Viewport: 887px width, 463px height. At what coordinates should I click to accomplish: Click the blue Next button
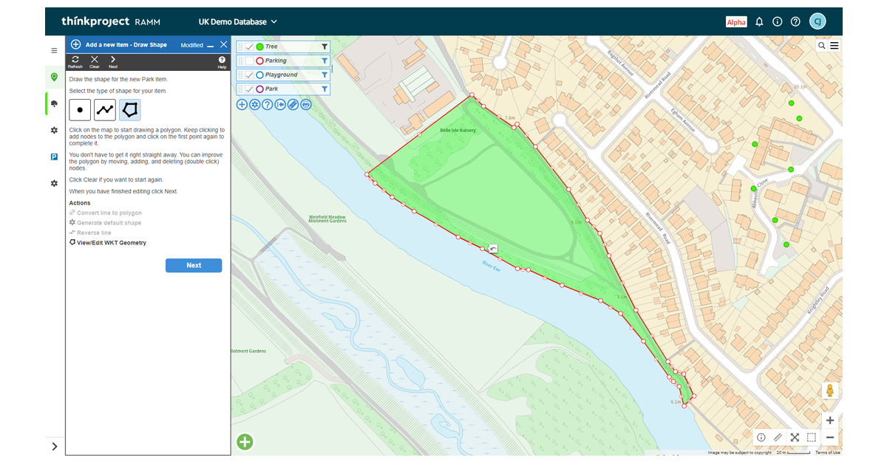194,265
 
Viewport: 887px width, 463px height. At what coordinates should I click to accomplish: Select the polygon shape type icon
130,110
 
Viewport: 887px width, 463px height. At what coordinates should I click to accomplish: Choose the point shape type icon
80,110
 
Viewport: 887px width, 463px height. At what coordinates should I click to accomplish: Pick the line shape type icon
105,110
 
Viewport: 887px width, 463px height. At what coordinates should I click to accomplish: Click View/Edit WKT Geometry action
111,242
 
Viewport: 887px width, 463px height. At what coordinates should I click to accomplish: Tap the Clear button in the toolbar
95,61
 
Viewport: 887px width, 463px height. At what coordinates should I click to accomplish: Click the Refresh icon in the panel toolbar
75,61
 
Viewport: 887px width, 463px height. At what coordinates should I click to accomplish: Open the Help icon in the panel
222,61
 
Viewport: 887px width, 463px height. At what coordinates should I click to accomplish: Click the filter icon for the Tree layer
324,47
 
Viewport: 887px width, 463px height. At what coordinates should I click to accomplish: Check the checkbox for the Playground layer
249,75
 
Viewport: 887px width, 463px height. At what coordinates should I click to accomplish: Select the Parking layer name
276,61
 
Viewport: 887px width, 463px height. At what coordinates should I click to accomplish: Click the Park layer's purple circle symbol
259,89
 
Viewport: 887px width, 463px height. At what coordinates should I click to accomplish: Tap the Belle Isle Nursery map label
458,130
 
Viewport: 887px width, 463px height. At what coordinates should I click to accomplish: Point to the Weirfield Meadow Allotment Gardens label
327,219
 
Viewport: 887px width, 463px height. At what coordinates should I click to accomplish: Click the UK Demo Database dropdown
238,22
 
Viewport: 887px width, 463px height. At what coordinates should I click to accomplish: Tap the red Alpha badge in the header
736,22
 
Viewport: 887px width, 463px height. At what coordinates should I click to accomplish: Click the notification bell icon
759,22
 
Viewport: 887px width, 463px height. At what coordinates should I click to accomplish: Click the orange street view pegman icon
830,391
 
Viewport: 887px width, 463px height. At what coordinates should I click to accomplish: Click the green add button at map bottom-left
245,442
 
